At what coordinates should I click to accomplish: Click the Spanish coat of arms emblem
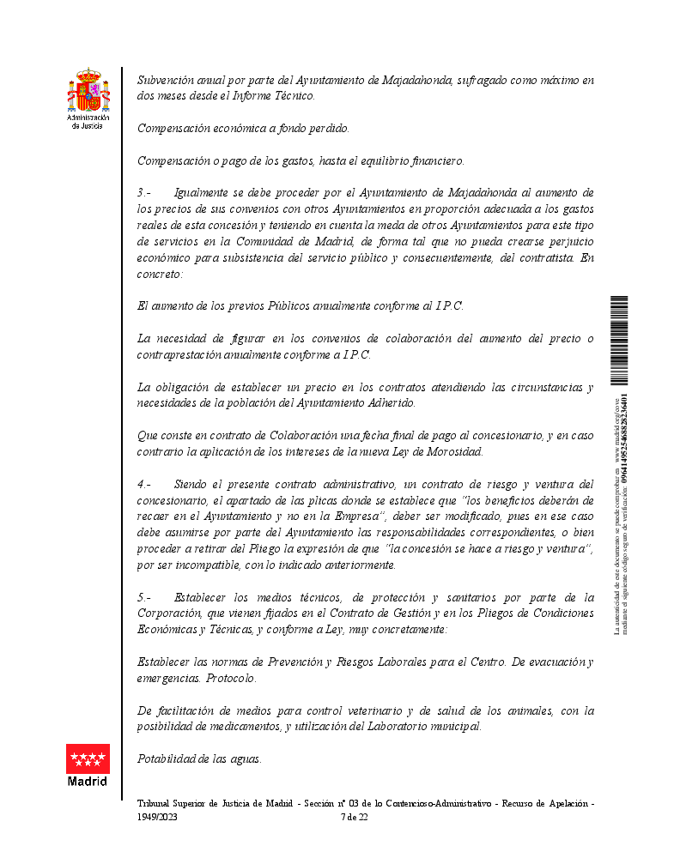[88, 91]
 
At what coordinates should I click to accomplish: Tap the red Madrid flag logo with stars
[88, 758]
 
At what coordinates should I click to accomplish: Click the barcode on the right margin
[618, 339]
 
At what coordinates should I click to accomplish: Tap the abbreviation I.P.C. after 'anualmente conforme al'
[449, 306]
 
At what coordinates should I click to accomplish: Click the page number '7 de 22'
[355, 817]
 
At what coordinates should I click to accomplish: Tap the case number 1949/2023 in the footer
[156, 817]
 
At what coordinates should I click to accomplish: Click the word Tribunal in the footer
[155, 804]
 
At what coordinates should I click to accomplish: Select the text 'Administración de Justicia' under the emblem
[88, 121]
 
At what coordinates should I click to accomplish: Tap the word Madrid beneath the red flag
[88, 782]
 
